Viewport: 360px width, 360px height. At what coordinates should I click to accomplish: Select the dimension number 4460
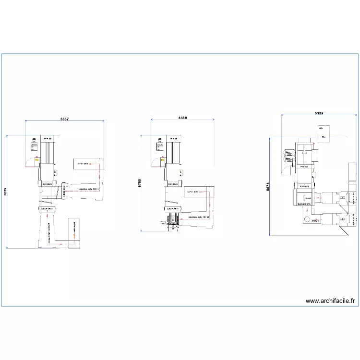tap(182, 117)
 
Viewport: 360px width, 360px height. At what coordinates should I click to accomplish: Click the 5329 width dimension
tap(319, 113)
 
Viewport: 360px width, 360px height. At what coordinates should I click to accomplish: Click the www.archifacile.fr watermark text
tap(330, 301)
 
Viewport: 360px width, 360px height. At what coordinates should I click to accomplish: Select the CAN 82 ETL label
tap(304, 204)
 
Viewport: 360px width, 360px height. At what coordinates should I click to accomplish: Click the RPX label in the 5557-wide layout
tap(47, 139)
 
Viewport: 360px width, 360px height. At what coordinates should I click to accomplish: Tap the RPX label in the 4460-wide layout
tap(173, 139)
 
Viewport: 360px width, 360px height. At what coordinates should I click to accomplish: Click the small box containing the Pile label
tap(322, 129)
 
